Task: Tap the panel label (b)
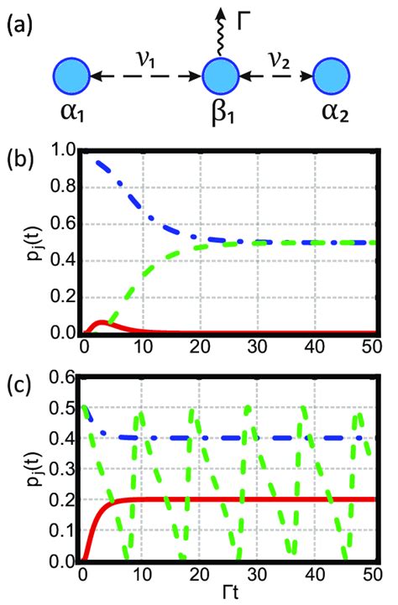coord(21,157)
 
